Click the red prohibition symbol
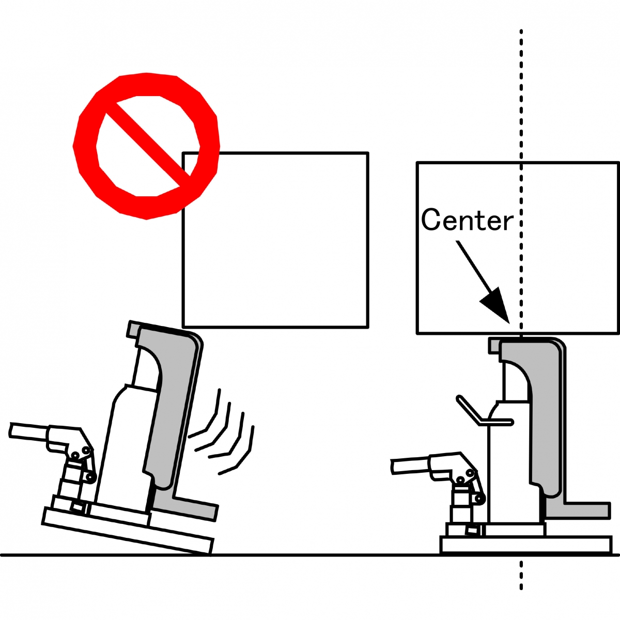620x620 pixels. coord(146,146)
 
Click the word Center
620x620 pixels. coord(467,221)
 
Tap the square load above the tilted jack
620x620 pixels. coord(275,240)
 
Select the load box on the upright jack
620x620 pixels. coord(518,248)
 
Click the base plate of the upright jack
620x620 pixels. coord(526,545)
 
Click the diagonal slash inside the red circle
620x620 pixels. coord(148,145)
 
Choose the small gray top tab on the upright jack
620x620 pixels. coord(494,345)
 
